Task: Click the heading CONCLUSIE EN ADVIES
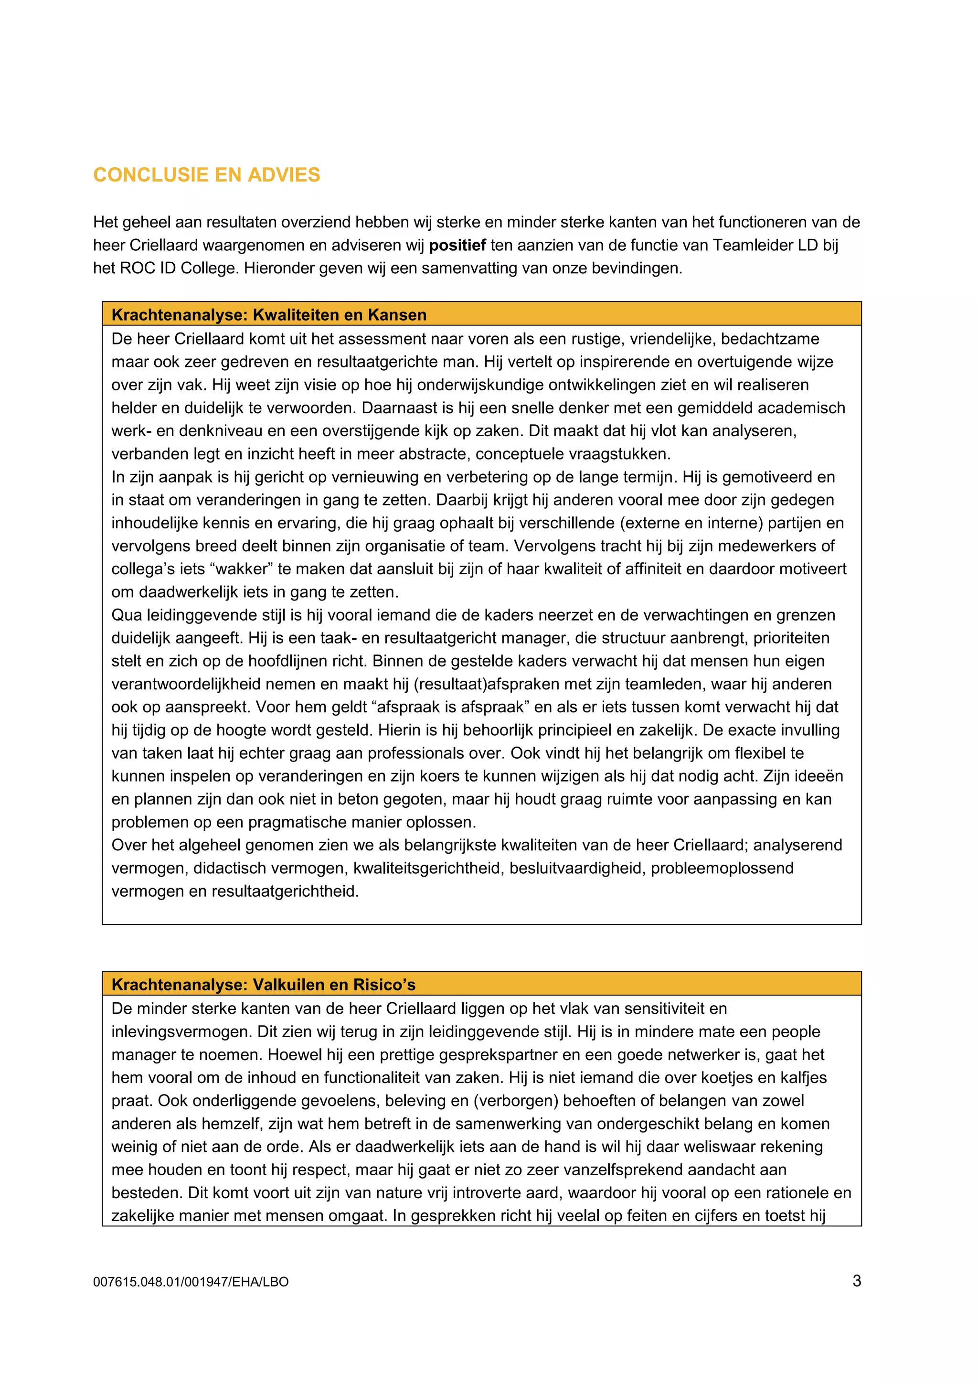pos(206,175)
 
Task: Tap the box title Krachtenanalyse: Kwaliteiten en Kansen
pos(269,315)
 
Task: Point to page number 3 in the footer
pos(856,1280)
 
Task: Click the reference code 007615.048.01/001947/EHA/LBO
pos(191,1282)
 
